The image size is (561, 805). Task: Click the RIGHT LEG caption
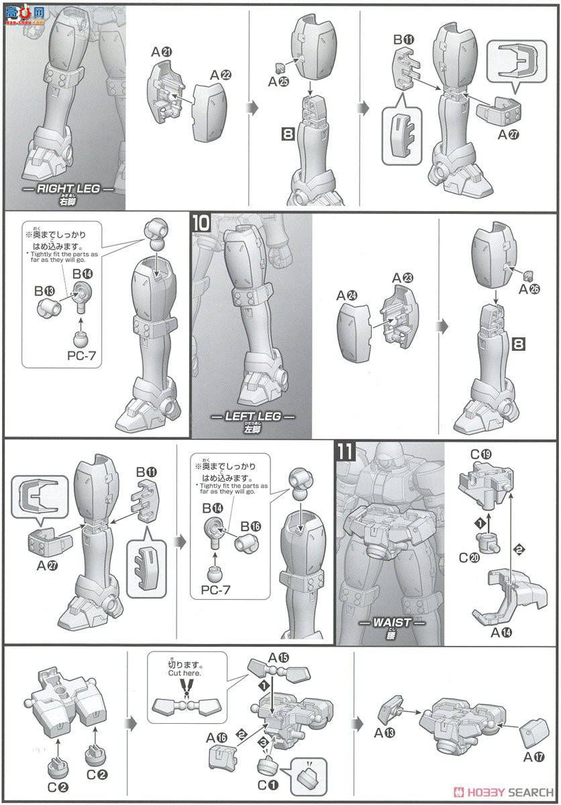[68, 189]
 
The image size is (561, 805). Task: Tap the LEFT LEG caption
[252, 416]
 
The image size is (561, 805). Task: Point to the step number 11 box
[345, 451]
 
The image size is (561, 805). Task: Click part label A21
[161, 52]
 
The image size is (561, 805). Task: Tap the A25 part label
[278, 82]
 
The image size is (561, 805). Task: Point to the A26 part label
[529, 289]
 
